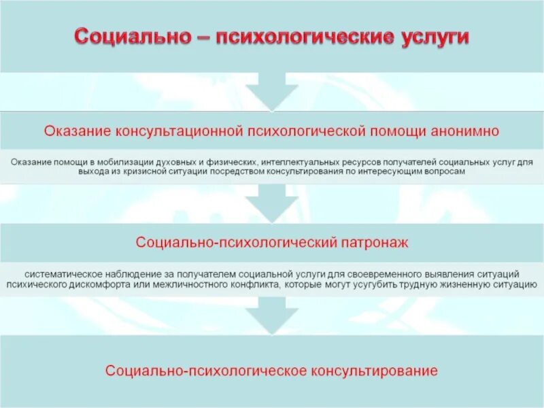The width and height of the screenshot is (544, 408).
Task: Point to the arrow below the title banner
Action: [272, 92]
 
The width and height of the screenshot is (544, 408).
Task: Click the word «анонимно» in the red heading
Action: [466, 129]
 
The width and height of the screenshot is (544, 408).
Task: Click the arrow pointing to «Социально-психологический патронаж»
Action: [272, 204]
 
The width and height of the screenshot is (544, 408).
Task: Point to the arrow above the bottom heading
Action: [272, 314]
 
